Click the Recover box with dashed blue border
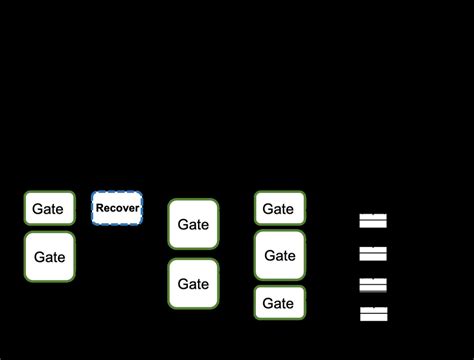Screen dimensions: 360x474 click(x=117, y=208)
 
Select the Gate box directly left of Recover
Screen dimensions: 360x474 click(x=49, y=209)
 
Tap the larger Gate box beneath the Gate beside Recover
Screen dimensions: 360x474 click(x=49, y=257)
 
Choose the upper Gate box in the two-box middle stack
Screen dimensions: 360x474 click(x=193, y=224)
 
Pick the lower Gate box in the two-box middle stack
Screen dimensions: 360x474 click(x=193, y=284)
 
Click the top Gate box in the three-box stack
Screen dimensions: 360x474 click(x=279, y=209)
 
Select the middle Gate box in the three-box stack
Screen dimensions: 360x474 click(x=279, y=256)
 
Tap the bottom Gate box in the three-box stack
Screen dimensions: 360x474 click(x=279, y=303)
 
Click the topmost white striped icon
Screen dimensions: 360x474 click(x=373, y=221)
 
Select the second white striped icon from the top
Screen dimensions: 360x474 click(x=373, y=252)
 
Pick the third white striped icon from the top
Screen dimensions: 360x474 click(x=373, y=284)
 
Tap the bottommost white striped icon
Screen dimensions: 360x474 click(x=373, y=314)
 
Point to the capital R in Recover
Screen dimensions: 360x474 click(x=100, y=208)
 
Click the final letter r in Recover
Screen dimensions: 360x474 click(x=137, y=208)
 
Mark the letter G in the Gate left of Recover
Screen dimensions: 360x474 click(x=38, y=209)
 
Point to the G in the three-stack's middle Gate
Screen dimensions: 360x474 click(x=269, y=256)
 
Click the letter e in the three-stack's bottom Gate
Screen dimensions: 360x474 click(x=291, y=304)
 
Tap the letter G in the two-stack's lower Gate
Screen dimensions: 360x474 click(x=183, y=284)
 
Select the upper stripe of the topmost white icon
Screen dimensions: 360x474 click(x=373, y=217)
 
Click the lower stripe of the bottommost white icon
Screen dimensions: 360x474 click(x=373, y=318)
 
